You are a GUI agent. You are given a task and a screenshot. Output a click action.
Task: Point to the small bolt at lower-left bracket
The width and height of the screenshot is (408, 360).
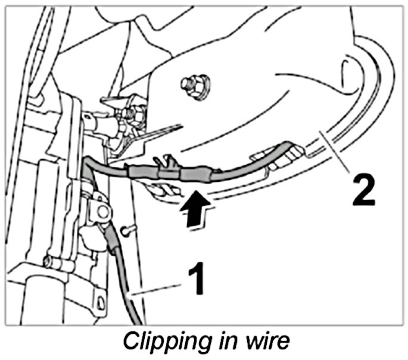coord(47,260)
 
